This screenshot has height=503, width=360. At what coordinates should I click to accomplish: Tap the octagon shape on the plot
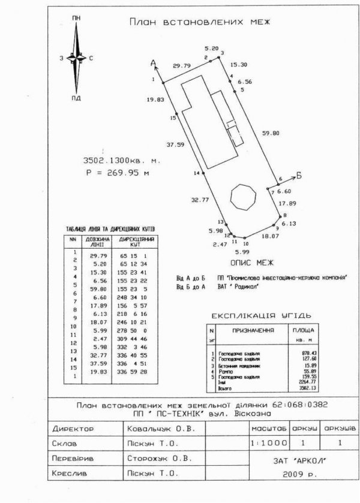point(244,196)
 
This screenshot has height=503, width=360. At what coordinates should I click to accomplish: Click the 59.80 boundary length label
point(271,133)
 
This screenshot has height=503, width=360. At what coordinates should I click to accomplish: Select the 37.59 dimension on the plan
point(176,144)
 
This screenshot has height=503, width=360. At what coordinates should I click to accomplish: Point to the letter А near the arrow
point(154,62)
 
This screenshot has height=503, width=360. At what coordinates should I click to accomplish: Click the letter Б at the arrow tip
point(298,176)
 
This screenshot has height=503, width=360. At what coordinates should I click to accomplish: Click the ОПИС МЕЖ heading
point(252,263)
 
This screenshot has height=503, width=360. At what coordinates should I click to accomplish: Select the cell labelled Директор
point(73,429)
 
